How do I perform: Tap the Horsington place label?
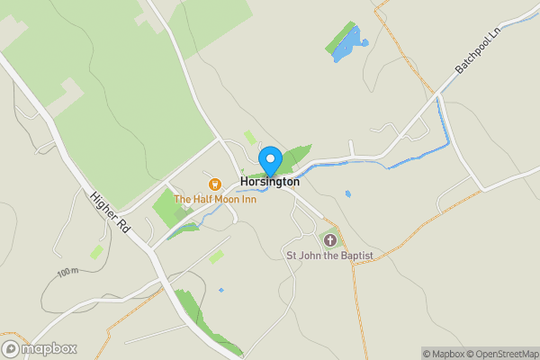click(269, 181)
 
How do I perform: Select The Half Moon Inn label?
click(214, 199)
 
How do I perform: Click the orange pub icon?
click(214, 184)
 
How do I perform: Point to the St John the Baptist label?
click(329, 256)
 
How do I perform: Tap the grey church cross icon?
click(330, 240)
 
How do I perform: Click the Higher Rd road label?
click(110, 212)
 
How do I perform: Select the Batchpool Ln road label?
click(477, 55)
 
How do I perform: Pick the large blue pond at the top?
click(349, 47)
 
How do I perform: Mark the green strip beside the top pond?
click(339, 37)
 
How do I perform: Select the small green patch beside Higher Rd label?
click(96, 251)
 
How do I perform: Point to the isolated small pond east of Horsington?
click(347, 193)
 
